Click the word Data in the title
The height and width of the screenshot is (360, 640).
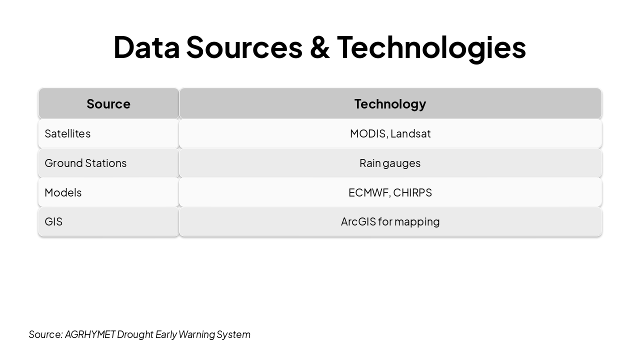tap(146, 47)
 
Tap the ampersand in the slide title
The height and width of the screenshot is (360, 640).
tap(319, 47)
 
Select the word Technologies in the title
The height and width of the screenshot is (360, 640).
tap(431, 47)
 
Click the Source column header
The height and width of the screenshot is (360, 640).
tap(108, 103)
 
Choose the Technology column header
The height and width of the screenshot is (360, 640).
tap(390, 103)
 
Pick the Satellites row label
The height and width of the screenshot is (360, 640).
tap(67, 133)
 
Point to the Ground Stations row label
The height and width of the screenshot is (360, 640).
tap(85, 163)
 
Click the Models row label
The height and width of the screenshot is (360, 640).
tap(63, 192)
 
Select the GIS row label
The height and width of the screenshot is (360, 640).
tap(53, 221)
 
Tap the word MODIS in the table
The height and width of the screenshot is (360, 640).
tap(368, 133)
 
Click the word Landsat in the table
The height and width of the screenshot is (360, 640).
tap(410, 133)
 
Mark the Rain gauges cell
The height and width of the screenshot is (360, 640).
tap(390, 163)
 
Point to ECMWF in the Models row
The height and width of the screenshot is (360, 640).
tap(368, 192)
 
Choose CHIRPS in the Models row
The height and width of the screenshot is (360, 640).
tap(412, 192)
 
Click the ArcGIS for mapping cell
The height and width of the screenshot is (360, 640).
tap(390, 221)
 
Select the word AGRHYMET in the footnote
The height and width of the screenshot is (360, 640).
tap(90, 334)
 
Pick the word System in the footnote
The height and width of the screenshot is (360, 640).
tap(233, 334)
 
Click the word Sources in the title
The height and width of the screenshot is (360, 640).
tap(244, 47)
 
